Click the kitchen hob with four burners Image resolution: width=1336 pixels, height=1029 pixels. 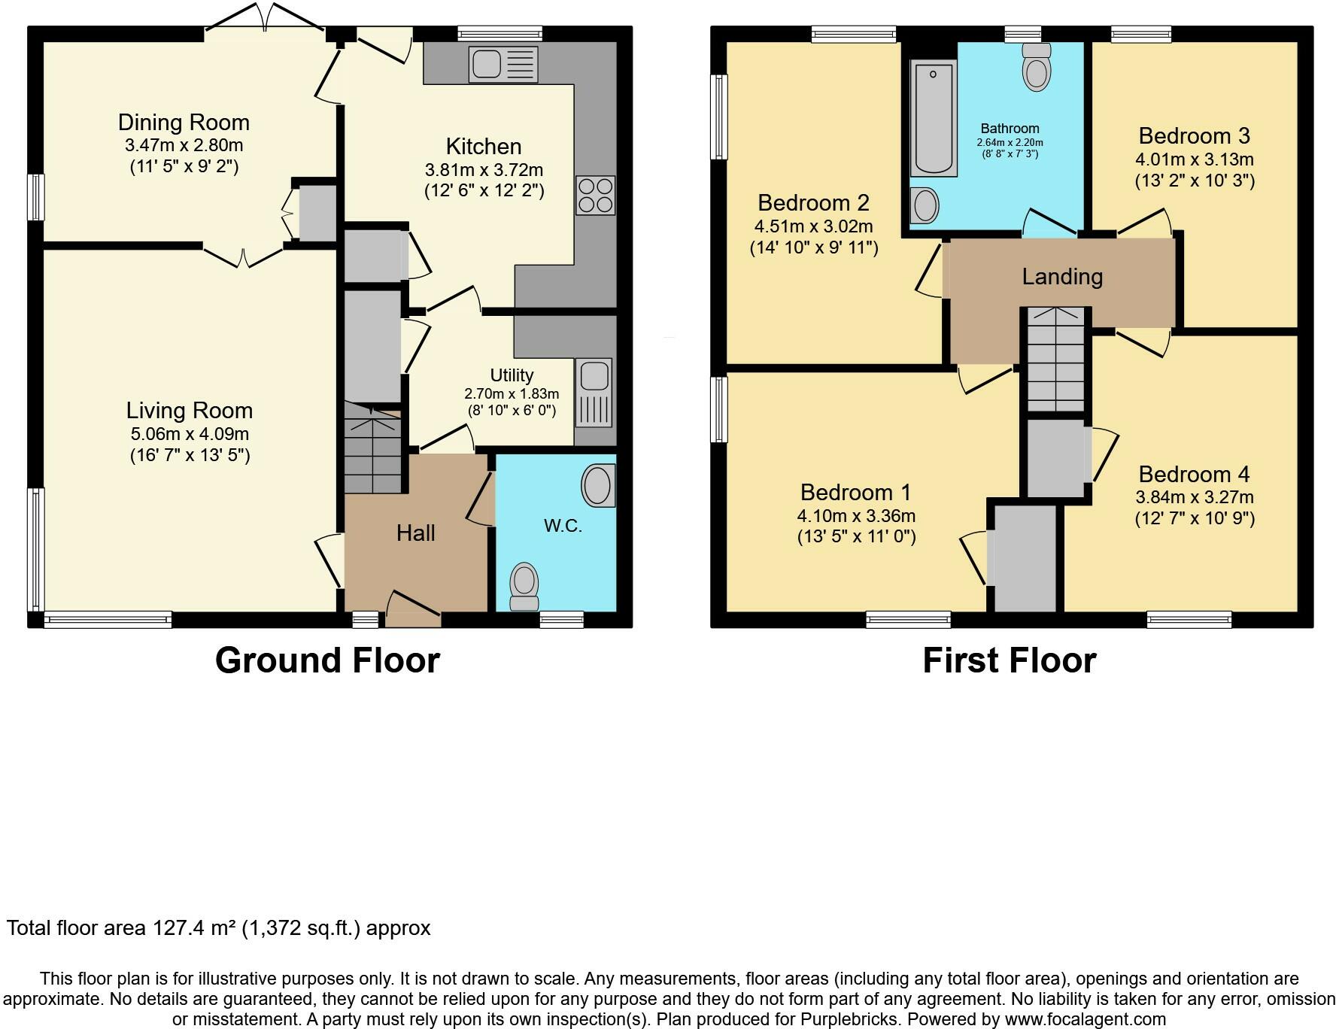[596, 196]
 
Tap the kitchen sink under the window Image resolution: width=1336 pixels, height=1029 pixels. [503, 64]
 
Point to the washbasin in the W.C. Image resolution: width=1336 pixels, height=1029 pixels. [598, 485]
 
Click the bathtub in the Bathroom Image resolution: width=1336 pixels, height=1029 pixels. [933, 118]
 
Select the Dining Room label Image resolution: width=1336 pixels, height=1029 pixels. [184, 123]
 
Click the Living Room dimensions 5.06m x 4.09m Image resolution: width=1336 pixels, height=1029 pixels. [190, 434]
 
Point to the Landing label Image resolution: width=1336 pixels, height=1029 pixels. [1062, 277]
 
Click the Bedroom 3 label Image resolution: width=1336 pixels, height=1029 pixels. [1194, 136]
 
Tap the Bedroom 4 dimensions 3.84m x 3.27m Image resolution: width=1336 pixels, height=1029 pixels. [1195, 497]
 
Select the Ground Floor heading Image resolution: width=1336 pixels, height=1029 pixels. [327, 660]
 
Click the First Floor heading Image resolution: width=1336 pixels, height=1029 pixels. [1009, 660]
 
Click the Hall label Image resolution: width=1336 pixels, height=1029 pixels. [416, 533]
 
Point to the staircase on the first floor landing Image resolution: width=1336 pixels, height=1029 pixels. [1056, 359]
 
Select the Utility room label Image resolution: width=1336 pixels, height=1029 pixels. [512, 375]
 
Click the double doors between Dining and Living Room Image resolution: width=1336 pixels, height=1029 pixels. [243, 256]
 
